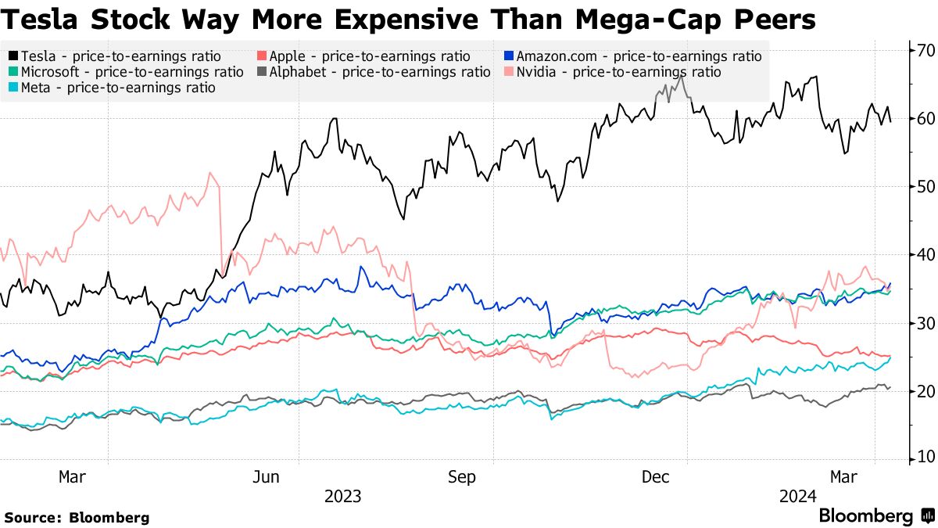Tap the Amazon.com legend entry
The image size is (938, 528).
(x=632, y=56)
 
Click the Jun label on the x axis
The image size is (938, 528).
(x=267, y=477)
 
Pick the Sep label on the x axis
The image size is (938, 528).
(x=461, y=477)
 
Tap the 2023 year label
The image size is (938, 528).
(x=342, y=497)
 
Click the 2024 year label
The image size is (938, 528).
(x=798, y=497)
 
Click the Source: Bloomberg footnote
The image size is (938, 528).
(x=77, y=517)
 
